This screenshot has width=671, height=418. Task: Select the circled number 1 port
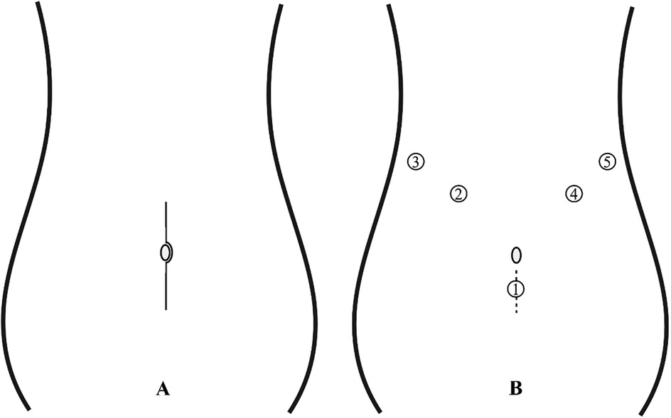[x=516, y=288]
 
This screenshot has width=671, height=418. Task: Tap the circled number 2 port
[x=458, y=193]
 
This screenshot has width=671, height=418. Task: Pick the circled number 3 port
[x=416, y=161]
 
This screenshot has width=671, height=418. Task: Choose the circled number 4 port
[x=574, y=193]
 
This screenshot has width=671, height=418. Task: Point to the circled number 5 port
[x=606, y=162]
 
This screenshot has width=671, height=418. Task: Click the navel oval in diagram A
[x=166, y=252]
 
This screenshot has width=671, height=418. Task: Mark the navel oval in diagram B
[x=517, y=254]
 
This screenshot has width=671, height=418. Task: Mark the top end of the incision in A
[x=166, y=203]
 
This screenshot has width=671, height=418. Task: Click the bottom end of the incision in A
[x=166, y=309]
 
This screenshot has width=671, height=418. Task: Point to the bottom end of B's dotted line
[x=517, y=312]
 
